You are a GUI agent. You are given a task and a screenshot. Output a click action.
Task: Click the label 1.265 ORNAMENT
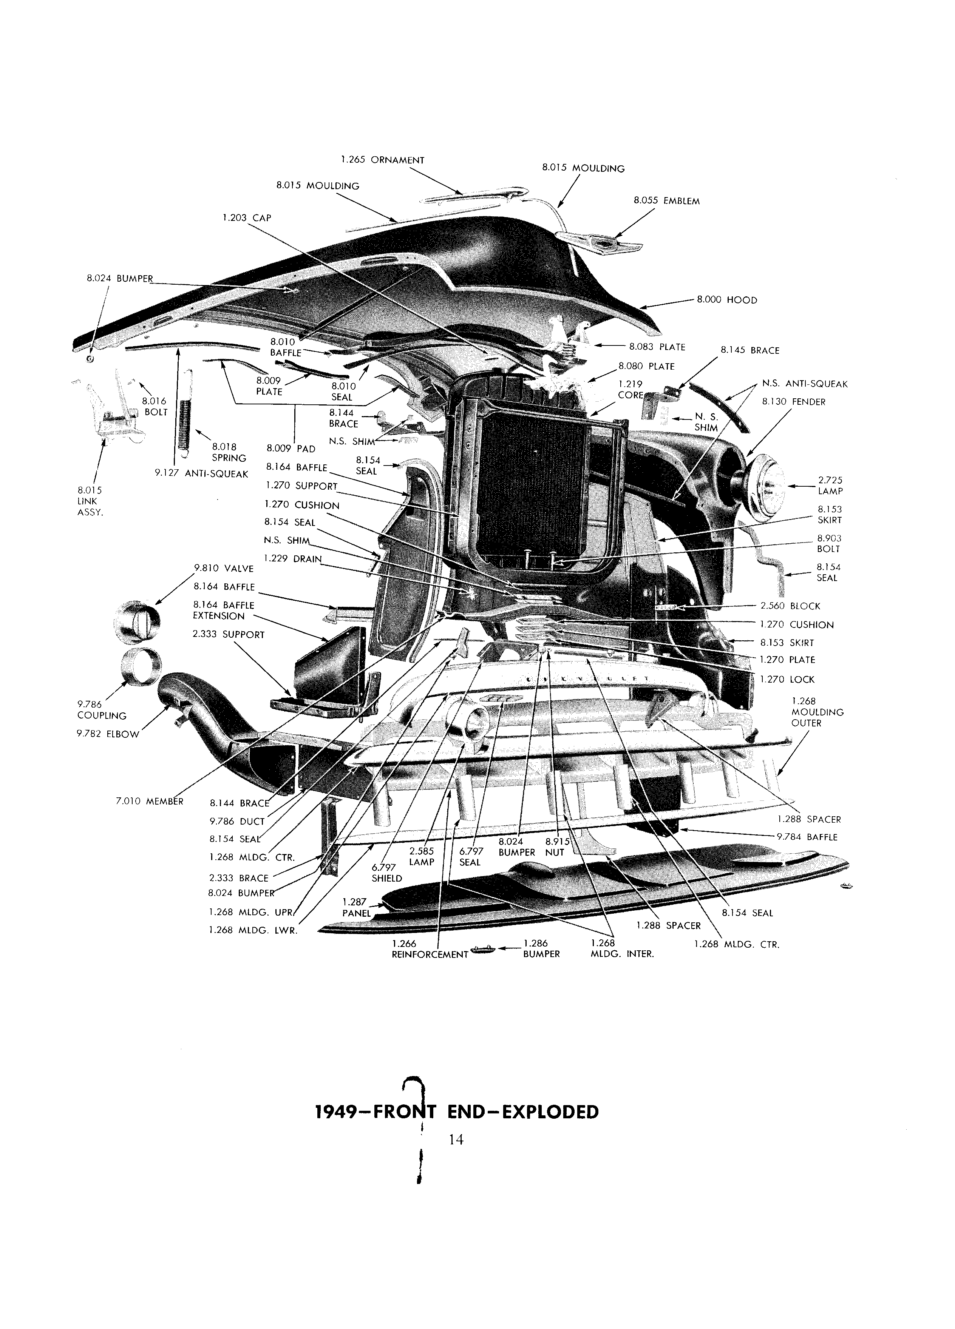[x=382, y=160]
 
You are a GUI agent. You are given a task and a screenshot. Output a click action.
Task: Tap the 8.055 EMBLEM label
[x=666, y=201]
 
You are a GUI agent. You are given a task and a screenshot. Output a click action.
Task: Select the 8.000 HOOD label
[x=727, y=300]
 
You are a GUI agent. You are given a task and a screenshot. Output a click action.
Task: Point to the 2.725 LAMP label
[x=830, y=486]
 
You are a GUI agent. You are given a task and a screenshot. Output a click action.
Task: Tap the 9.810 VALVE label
[x=223, y=568]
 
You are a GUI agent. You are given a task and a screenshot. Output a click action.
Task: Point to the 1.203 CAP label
[x=246, y=218]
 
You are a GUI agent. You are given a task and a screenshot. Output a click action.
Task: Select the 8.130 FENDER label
[x=794, y=402]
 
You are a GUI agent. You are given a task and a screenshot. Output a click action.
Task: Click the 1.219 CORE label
[x=630, y=390]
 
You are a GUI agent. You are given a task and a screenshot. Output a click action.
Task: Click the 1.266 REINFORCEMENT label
[x=430, y=949]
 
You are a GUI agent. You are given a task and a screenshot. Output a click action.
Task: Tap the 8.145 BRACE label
[x=750, y=350]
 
